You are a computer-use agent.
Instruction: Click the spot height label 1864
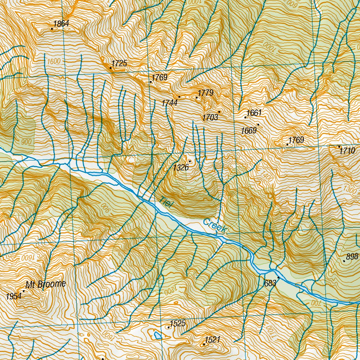point(61,24)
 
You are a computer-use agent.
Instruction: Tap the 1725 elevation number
point(119,64)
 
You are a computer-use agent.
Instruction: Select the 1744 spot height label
point(169,103)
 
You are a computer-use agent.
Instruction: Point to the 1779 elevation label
point(206,93)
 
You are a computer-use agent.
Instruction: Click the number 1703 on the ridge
point(210,117)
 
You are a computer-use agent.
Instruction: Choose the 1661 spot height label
point(254,113)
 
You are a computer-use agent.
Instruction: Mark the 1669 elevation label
point(249,131)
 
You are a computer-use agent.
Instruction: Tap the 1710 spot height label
point(348,151)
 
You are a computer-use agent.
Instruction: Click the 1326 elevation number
point(181,168)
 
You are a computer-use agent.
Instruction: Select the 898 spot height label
point(352,257)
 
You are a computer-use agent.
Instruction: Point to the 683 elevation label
point(270,283)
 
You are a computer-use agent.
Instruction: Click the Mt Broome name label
point(46,284)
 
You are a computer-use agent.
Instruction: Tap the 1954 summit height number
point(14,296)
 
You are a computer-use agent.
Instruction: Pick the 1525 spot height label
point(178,323)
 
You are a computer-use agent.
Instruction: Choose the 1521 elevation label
point(212,340)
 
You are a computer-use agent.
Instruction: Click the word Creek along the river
point(214,226)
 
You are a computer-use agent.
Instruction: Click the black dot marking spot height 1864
point(52,29)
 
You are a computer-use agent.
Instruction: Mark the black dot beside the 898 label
point(344,261)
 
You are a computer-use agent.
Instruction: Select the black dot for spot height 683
point(278,278)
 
